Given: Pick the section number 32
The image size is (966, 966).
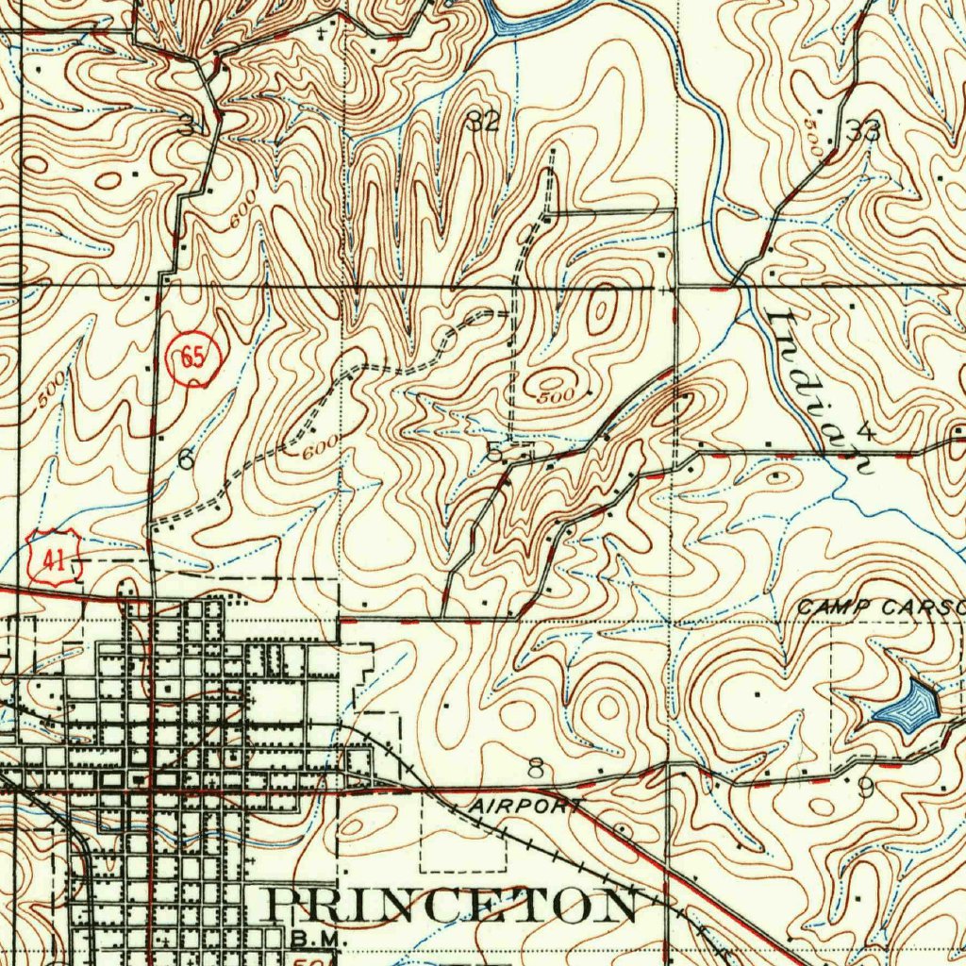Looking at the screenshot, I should tap(484, 120).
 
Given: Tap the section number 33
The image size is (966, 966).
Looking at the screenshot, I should tap(863, 131).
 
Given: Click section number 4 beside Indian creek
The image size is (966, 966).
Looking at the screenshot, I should tap(866, 432).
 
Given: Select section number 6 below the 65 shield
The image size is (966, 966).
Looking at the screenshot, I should tap(186, 458).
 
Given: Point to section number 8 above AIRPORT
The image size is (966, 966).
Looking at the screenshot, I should tap(535, 769).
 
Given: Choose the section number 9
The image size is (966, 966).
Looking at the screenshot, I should tap(866, 787).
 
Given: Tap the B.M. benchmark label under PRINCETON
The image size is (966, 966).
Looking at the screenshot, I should tap(307, 940).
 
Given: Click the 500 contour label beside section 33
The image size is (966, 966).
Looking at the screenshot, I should tap(816, 138).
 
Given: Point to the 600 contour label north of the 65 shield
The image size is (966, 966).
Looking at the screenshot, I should tap(241, 215).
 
